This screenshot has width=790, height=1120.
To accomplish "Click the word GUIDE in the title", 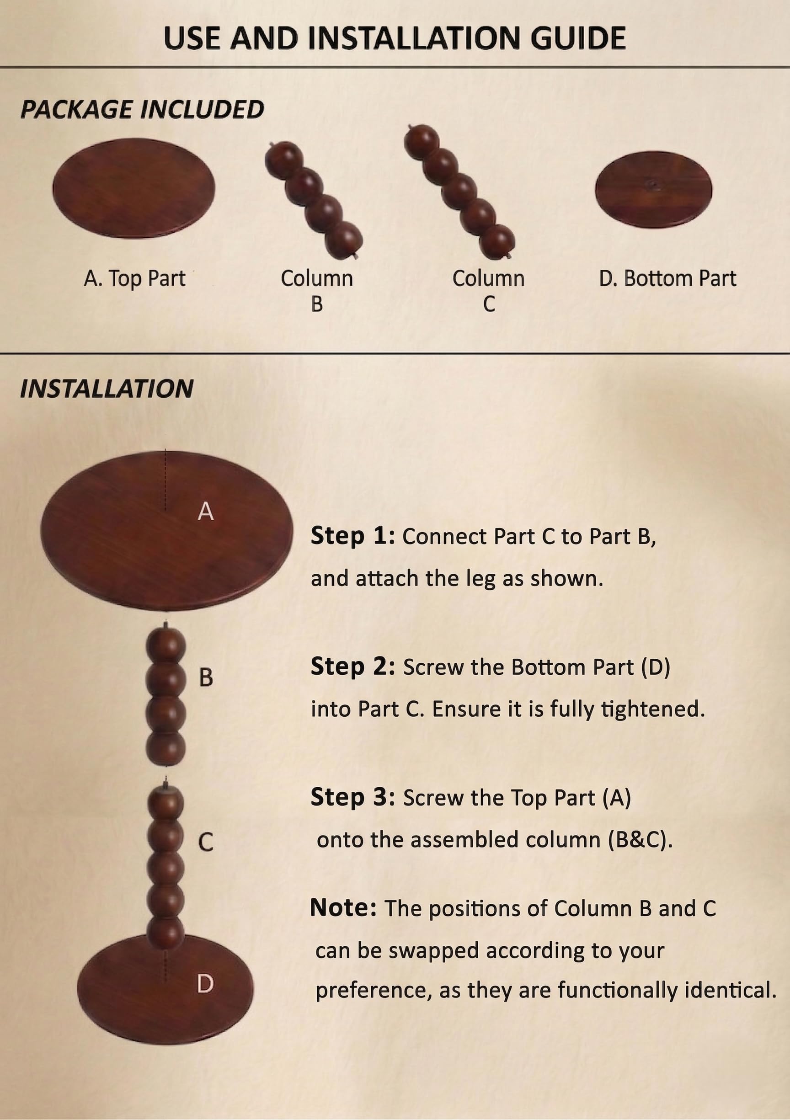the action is point(578,38).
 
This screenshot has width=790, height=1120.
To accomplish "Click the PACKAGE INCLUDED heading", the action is point(142,109).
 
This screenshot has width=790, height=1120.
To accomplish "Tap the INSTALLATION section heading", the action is point(107,389).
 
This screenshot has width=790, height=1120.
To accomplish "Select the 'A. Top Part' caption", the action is point(134,278).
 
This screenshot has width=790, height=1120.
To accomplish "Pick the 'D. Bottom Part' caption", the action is point(667,278).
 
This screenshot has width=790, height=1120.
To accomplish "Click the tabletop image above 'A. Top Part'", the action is point(133,188).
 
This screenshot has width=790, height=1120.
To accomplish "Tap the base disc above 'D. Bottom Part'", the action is point(653,189).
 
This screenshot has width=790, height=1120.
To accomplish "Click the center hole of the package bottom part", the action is point(653,185).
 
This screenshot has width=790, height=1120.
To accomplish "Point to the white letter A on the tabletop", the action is point(205,511).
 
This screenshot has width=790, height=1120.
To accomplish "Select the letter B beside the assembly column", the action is point(206,677).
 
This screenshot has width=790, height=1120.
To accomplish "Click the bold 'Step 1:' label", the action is point(353,536).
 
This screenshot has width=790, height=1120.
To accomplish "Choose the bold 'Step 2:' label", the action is point(353,667).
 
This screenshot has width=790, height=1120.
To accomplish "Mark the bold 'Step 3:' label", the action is point(353,798).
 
